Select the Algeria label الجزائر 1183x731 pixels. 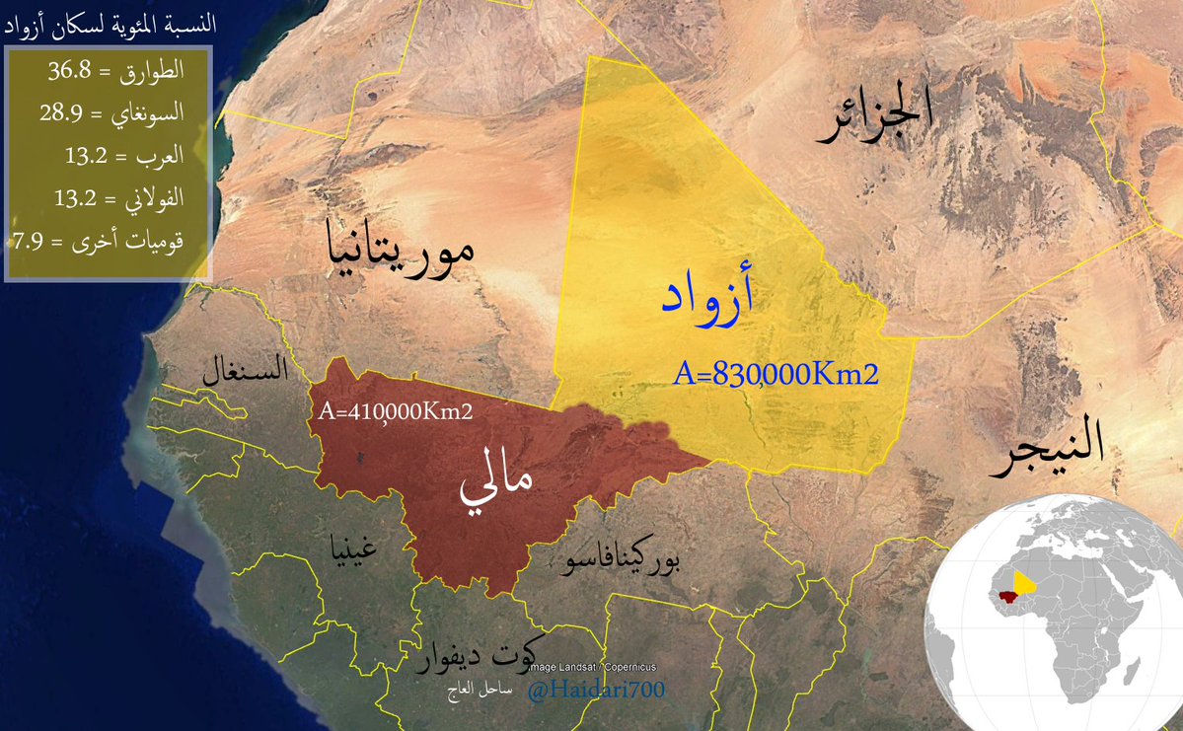[874, 119]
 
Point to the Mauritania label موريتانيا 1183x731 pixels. [401, 250]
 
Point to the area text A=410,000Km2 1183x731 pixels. [396, 411]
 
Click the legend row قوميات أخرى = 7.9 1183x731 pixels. [99, 241]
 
